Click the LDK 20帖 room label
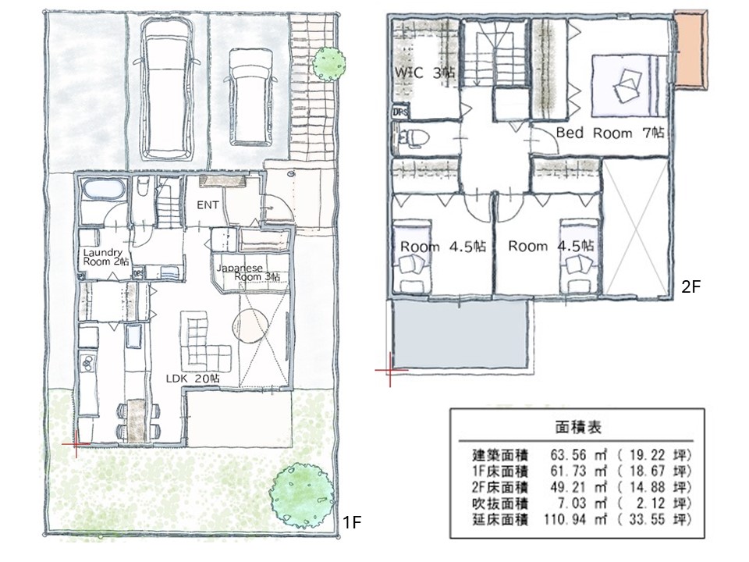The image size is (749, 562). click(193, 378)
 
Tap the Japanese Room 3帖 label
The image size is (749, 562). click(248, 272)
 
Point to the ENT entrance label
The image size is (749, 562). click(208, 205)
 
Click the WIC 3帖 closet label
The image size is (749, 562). click(424, 73)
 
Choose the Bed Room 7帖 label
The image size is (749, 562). click(610, 133)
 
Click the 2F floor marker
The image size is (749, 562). click(690, 286)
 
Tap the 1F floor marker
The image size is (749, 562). click(352, 523)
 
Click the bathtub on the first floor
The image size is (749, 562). click(103, 189)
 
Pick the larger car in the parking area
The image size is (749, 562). click(169, 89)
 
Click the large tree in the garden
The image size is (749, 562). click(301, 496)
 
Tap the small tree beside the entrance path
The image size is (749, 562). click(329, 63)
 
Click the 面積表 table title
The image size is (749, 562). click(578, 427)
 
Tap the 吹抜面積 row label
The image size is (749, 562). click(501, 503)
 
